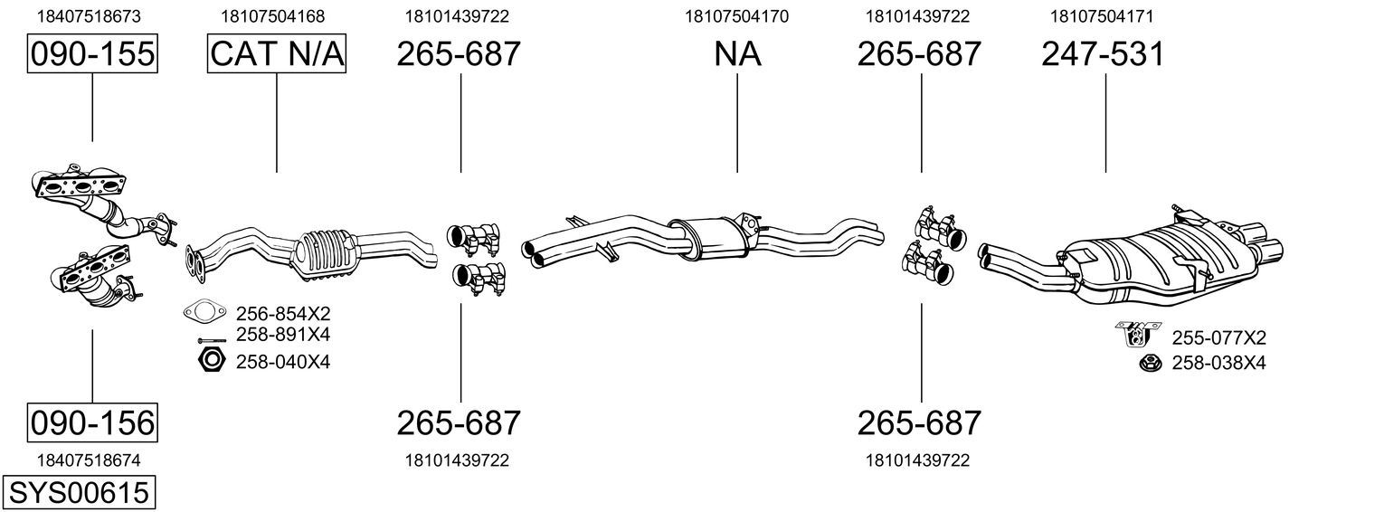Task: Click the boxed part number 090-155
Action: (x=92, y=53)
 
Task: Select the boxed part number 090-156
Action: (x=92, y=423)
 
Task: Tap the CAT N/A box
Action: (x=276, y=53)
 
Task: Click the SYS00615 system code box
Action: (x=79, y=493)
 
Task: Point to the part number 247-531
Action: (x=1103, y=53)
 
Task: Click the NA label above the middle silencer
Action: (x=737, y=53)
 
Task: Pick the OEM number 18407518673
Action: (x=89, y=16)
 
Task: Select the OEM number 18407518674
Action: (x=89, y=460)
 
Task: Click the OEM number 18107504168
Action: (x=273, y=16)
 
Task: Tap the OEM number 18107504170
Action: (x=736, y=16)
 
